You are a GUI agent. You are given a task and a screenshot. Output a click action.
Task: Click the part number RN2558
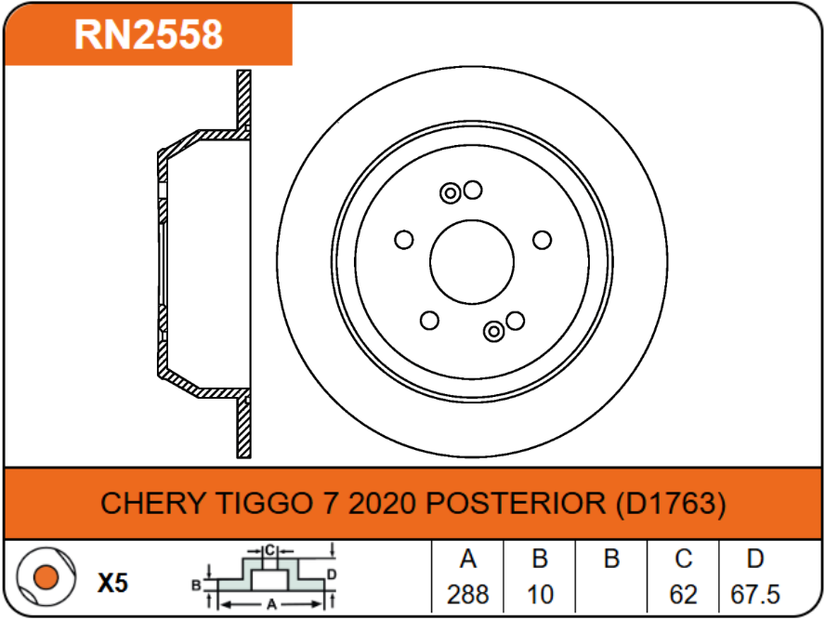[149, 34]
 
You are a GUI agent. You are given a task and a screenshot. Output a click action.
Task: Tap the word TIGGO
[263, 503]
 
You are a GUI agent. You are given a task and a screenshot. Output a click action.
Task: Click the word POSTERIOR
[516, 503]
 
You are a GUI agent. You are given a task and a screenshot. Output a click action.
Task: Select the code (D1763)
[671, 503]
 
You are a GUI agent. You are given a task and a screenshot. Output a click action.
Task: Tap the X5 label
[112, 583]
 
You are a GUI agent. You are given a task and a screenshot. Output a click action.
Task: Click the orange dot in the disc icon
[46, 577]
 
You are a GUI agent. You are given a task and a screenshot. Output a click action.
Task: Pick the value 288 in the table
[467, 594]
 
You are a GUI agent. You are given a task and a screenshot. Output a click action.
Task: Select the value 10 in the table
[540, 594]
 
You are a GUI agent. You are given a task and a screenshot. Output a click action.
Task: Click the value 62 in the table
[684, 594]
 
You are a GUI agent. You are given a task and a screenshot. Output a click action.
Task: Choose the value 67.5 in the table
[755, 594]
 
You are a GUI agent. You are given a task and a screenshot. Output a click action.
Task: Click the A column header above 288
[467, 559]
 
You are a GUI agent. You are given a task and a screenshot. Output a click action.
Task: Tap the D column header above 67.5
[755, 559]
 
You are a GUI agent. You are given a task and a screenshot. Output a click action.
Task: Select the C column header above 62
[684, 559]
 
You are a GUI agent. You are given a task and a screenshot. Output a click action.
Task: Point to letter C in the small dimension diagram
[270, 550]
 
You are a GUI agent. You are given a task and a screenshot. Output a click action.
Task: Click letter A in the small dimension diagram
[271, 604]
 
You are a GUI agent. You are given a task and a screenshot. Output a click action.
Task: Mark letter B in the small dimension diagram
[196, 586]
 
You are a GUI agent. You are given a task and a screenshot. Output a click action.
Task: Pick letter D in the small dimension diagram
[332, 574]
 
